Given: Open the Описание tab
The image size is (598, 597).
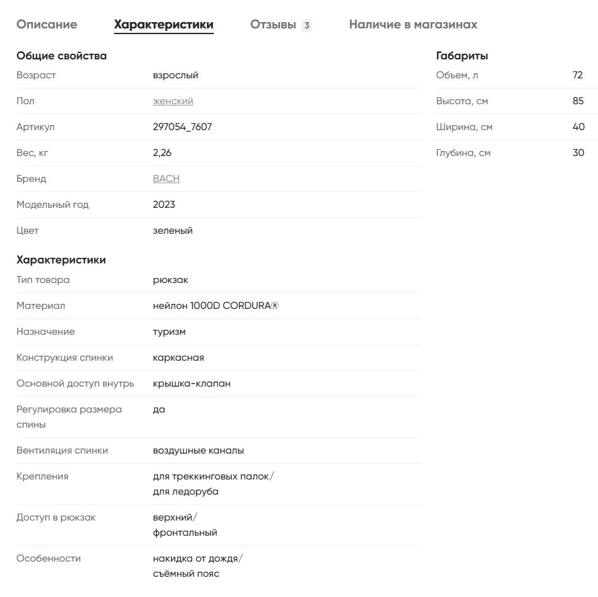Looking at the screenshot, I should tap(47, 25).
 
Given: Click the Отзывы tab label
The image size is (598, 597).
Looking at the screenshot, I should tap(273, 25).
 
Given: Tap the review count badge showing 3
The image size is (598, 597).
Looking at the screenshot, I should tap(307, 25).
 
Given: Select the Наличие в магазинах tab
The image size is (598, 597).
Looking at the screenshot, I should tap(413, 25).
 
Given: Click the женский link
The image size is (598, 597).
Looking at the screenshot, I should tap(173, 101).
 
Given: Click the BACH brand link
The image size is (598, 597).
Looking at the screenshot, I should tap(166, 179).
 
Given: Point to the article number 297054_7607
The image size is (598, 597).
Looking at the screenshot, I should tap(182, 127).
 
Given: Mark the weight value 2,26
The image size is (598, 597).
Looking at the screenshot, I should tap(162, 153).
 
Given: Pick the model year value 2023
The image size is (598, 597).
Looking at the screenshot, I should tap(164, 205).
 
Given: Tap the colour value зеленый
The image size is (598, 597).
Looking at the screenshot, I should tap(173, 231).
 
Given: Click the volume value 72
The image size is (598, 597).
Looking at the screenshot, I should tap(577, 75).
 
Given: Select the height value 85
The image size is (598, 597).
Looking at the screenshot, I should tap(578, 101).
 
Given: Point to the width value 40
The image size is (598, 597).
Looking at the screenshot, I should tap(578, 127).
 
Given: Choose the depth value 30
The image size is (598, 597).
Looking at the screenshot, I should tap(578, 153).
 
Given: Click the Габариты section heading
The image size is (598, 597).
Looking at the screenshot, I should tap(462, 56).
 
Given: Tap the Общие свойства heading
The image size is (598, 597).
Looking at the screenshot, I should tap(61, 56).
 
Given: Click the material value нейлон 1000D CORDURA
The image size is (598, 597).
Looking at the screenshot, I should tap(215, 306).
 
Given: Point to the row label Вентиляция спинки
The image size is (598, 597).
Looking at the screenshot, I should tap(62, 450).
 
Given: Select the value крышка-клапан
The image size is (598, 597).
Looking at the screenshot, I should tap(192, 383).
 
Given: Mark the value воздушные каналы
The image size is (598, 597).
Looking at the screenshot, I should tap(198, 450).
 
